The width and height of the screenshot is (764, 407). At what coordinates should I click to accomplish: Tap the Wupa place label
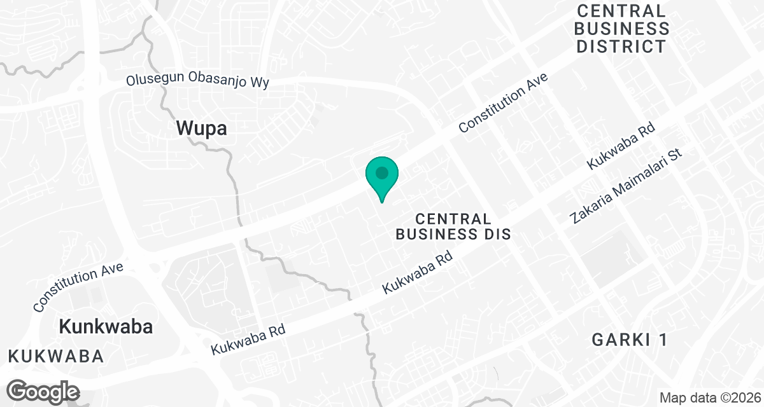[x=201, y=129]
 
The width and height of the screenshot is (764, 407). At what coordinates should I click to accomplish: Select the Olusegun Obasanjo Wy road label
[x=197, y=81]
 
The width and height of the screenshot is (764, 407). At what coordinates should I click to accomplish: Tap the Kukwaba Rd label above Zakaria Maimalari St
[x=621, y=146]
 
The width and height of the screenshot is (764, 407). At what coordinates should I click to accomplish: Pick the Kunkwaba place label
[x=106, y=327]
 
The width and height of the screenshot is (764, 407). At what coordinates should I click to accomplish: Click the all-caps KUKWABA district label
[x=56, y=356]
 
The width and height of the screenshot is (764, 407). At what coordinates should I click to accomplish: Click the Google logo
[x=43, y=391]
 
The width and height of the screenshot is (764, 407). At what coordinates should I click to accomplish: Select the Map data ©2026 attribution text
[x=710, y=398]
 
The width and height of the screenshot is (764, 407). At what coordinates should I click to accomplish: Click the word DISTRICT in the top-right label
[x=622, y=46]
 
